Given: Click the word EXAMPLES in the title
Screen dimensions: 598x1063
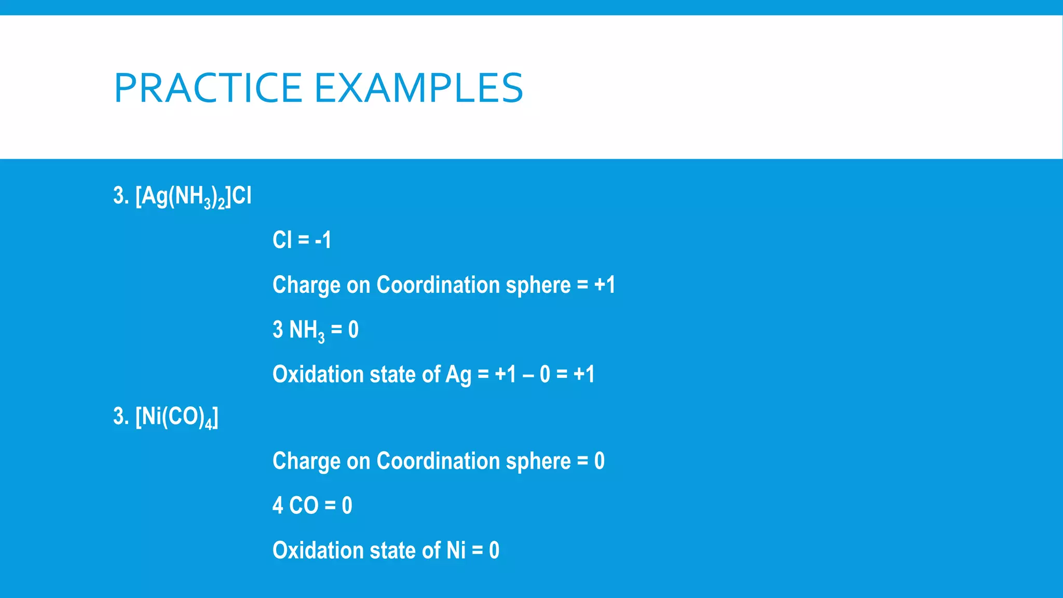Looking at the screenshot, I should pos(419,88).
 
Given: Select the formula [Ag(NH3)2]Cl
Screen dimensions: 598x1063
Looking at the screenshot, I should pos(193,197).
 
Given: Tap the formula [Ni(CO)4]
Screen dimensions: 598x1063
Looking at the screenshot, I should pos(176,417).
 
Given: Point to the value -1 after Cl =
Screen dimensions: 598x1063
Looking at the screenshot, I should pos(323,240).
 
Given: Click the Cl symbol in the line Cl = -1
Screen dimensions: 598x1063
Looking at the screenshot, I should pos(282,240).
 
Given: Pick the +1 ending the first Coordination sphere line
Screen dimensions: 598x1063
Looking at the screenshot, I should pos(605,285).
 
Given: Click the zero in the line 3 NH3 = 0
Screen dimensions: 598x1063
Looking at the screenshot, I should pos(353,330).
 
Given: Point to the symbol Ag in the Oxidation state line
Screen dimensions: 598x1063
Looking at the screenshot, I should pos(458,375).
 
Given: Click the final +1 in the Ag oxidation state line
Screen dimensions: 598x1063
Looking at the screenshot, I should pos(584,374).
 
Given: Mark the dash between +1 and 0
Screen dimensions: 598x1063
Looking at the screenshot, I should pos(528,375).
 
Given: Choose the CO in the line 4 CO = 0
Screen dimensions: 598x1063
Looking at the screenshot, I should pos(304,506).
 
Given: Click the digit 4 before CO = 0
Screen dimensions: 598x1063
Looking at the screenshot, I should pos(278,506).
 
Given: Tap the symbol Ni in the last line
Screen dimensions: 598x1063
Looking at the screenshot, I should pos(456,550).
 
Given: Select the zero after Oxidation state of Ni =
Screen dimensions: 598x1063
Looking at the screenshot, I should pos(494,550).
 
